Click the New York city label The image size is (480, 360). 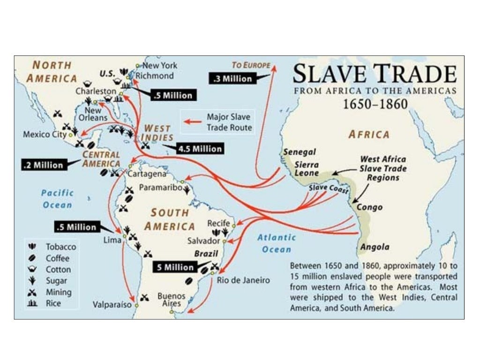coord(160,66)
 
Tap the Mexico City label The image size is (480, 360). coord(45,135)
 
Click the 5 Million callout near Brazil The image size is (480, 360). coord(175,267)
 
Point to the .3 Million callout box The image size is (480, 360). coord(232,79)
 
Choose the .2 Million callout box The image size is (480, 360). coord(43,165)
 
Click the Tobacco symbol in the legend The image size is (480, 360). coord(32,247)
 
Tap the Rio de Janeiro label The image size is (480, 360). coord(243,280)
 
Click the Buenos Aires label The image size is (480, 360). coord(171,300)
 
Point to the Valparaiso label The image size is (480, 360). coord(112,304)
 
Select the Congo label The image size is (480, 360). coord(370,207)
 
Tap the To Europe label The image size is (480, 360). coord(251,65)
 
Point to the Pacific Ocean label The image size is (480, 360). coord(57,198)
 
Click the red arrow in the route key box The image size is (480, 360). coord(192,122)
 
